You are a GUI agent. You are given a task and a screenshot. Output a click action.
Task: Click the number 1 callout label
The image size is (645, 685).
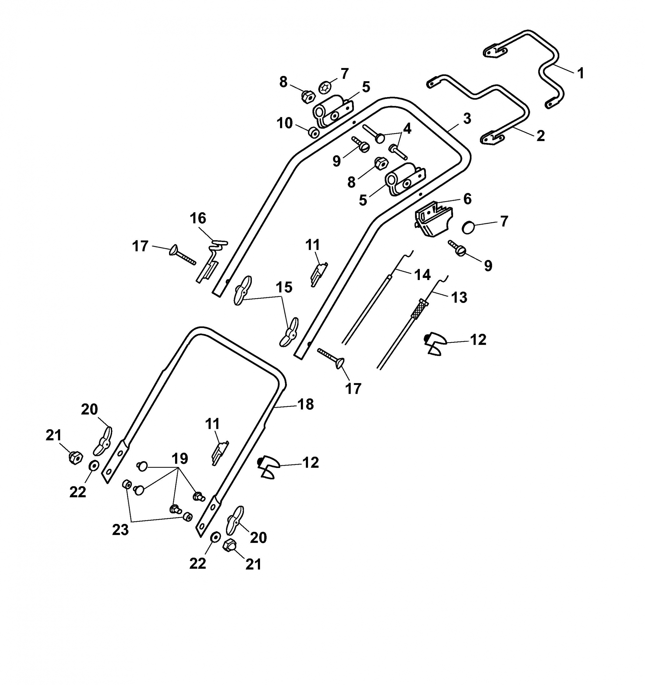click(x=581, y=73)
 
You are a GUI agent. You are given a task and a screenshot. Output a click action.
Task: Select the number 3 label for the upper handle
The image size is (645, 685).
click(x=467, y=119)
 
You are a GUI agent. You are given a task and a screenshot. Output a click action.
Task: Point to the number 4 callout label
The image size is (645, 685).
click(x=407, y=129)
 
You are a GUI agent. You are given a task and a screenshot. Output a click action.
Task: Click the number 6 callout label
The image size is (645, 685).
click(x=467, y=199)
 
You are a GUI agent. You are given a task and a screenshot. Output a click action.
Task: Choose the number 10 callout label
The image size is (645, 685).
click(x=285, y=123)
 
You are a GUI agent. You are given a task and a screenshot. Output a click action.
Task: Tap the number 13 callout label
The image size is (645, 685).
click(x=459, y=297)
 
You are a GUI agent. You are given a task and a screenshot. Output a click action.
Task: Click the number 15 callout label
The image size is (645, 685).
click(x=284, y=287)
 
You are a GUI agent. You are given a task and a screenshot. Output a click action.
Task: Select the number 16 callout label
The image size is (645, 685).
click(x=198, y=218)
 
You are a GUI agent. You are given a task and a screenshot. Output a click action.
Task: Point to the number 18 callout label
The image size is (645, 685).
click(x=305, y=404)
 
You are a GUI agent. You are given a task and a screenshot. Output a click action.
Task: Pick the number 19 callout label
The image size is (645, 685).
click(x=180, y=459)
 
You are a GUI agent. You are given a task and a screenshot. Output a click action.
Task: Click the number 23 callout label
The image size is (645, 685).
click(x=120, y=530)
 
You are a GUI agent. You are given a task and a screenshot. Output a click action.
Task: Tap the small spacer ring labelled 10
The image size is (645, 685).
click(x=313, y=132)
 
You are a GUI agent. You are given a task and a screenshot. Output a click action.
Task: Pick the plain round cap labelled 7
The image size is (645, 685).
click(x=468, y=228)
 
